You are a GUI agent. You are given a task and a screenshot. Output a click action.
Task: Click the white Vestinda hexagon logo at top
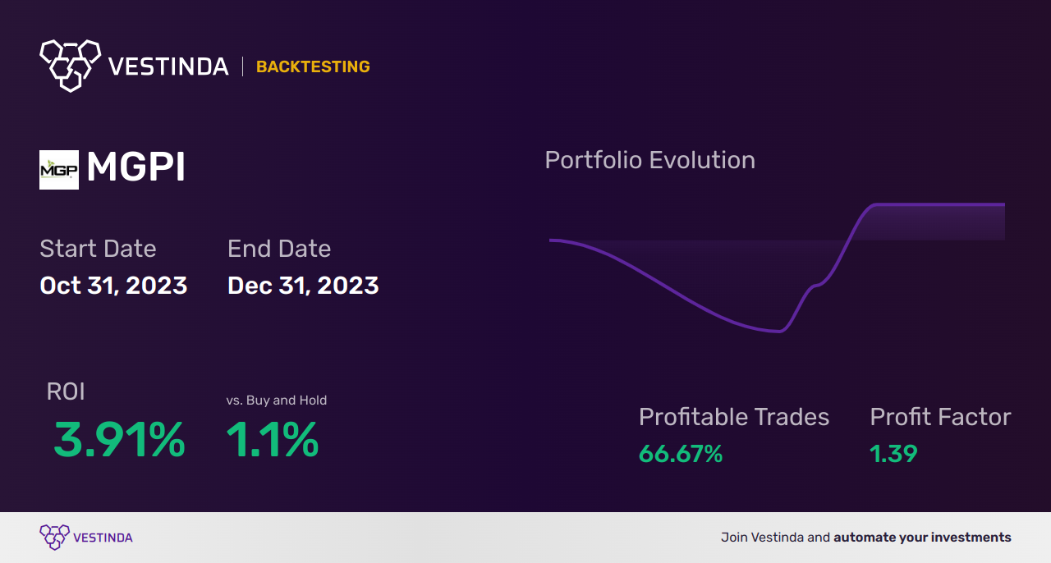(x=70, y=65)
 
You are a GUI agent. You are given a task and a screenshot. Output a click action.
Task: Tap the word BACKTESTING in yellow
(x=313, y=67)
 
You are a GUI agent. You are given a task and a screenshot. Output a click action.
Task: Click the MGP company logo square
(x=59, y=170)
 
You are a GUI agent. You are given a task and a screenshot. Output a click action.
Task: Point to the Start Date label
(x=98, y=249)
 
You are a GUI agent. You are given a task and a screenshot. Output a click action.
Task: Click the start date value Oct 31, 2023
(x=113, y=286)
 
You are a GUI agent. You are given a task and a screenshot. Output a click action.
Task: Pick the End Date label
(x=279, y=249)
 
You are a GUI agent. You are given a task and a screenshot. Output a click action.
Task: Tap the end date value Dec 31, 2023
(x=303, y=286)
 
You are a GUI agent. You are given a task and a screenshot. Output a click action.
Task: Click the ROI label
(x=66, y=392)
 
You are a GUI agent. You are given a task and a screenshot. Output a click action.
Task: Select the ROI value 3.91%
(x=119, y=441)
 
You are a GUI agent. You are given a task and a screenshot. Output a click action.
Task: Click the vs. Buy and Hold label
(x=277, y=401)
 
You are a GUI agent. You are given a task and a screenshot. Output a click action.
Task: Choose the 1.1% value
(x=272, y=441)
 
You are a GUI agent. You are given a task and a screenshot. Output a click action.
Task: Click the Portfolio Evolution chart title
(x=649, y=160)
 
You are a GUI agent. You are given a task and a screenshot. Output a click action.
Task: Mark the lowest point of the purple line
(x=777, y=332)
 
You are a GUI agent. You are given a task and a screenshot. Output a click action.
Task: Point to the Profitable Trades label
(x=734, y=417)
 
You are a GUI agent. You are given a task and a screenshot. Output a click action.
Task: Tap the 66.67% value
(x=681, y=454)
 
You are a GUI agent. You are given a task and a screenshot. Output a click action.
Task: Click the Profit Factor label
(x=940, y=417)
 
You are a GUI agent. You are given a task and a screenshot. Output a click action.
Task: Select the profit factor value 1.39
(x=893, y=454)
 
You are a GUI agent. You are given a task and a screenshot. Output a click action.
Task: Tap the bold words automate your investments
(x=922, y=538)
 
